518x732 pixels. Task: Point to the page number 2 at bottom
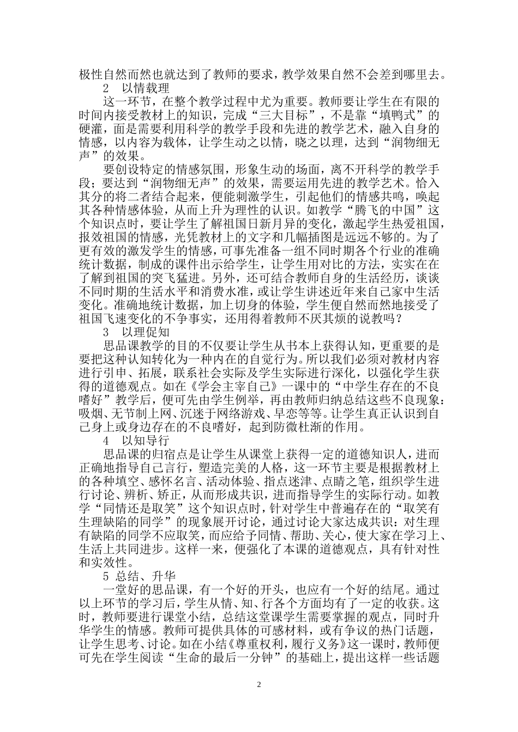[259, 684]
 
